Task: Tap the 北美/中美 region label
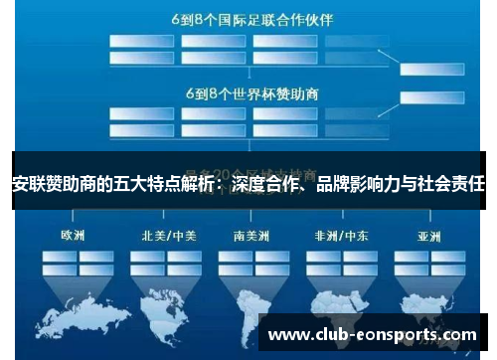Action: coord(164,236)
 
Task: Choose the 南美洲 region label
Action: coord(250,236)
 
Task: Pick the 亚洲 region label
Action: coord(429,236)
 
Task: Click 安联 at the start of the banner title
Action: coord(23,183)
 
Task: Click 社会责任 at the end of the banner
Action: coord(454,183)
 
